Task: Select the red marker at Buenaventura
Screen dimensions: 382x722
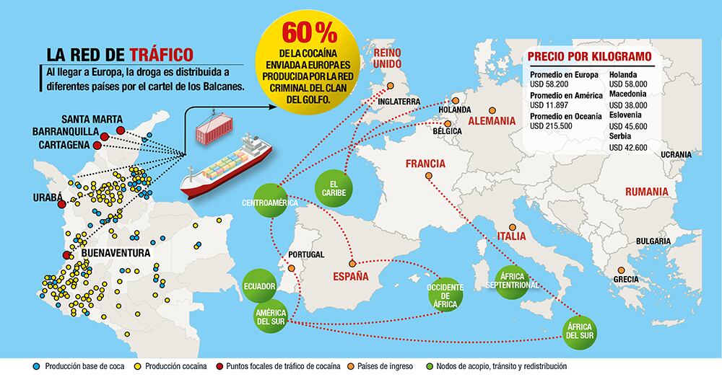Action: (67, 254)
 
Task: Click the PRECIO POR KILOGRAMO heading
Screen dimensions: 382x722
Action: (590, 55)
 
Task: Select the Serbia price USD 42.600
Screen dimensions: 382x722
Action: (628, 147)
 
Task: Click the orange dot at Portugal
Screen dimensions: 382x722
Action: (291, 268)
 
